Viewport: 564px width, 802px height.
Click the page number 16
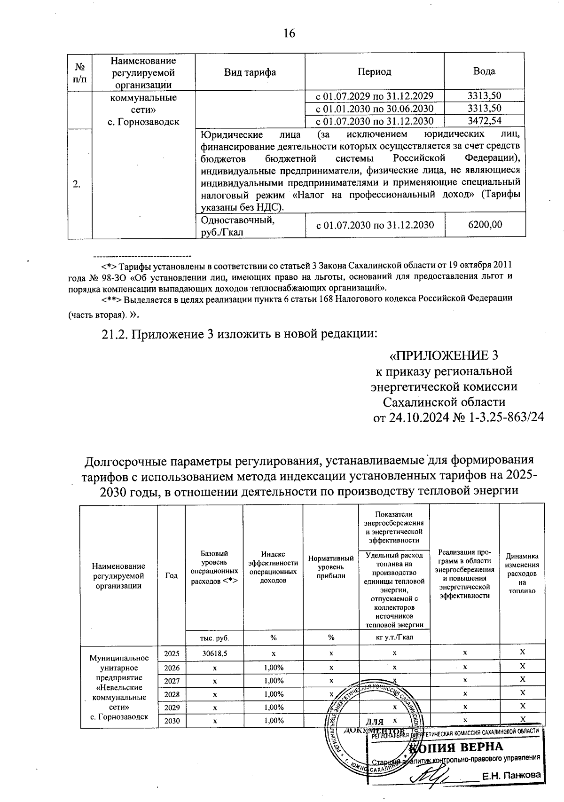[289, 34]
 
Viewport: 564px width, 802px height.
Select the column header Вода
[484, 71]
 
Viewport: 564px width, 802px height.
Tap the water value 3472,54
[484, 121]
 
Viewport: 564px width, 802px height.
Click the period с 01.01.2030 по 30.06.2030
[374, 109]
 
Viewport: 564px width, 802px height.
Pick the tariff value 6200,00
[484, 225]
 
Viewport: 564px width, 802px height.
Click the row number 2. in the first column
[77, 184]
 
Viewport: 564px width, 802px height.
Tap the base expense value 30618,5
[215, 653]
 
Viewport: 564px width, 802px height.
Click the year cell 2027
[172, 680]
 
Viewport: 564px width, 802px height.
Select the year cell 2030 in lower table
[172, 721]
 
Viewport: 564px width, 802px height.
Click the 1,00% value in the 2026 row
[273, 667]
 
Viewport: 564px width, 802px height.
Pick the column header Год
[172, 575]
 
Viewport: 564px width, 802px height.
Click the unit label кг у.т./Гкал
[394, 637]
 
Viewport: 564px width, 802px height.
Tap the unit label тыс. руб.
[215, 637]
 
